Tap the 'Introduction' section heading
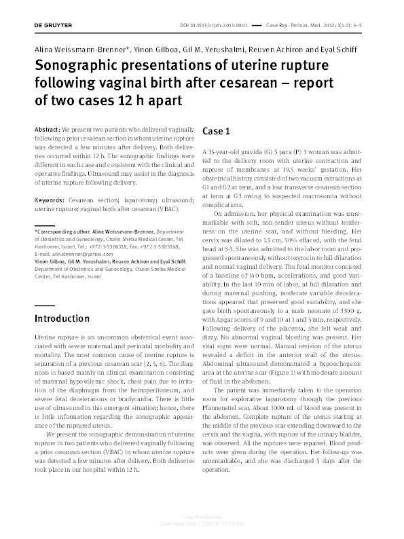pyautogui.click(x=62, y=318)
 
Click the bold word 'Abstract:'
pyautogui.click(x=47, y=128)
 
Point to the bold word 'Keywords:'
pyautogui.click(x=50, y=201)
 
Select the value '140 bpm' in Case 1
pyautogui.click(x=263, y=261)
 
